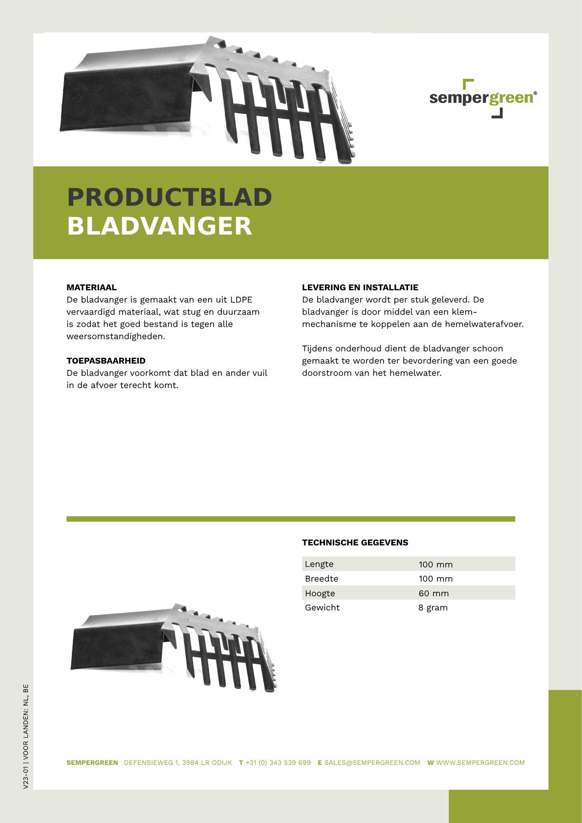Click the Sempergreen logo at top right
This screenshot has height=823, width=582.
(x=483, y=98)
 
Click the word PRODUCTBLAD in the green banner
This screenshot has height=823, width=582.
(x=169, y=196)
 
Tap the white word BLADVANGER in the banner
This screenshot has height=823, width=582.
(x=159, y=226)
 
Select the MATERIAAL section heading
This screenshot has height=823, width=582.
(x=91, y=287)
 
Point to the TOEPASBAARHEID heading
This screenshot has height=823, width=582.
(x=106, y=361)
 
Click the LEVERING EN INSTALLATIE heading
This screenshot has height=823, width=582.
(x=360, y=287)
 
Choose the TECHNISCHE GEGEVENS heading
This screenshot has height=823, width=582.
(x=355, y=542)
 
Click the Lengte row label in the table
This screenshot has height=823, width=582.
(x=319, y=564)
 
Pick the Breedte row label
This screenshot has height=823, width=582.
(x=322, y=579)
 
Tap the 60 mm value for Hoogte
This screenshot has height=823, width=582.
(x=433, y=593)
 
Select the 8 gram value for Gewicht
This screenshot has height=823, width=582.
(x=433, y=607)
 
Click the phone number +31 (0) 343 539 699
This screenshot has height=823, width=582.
(x=278, y=762)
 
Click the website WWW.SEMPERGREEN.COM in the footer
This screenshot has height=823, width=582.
(x=480, y=762)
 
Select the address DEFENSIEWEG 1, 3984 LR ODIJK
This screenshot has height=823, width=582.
(x=178, y=762)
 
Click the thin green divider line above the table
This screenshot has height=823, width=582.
(x=291, y=519)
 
